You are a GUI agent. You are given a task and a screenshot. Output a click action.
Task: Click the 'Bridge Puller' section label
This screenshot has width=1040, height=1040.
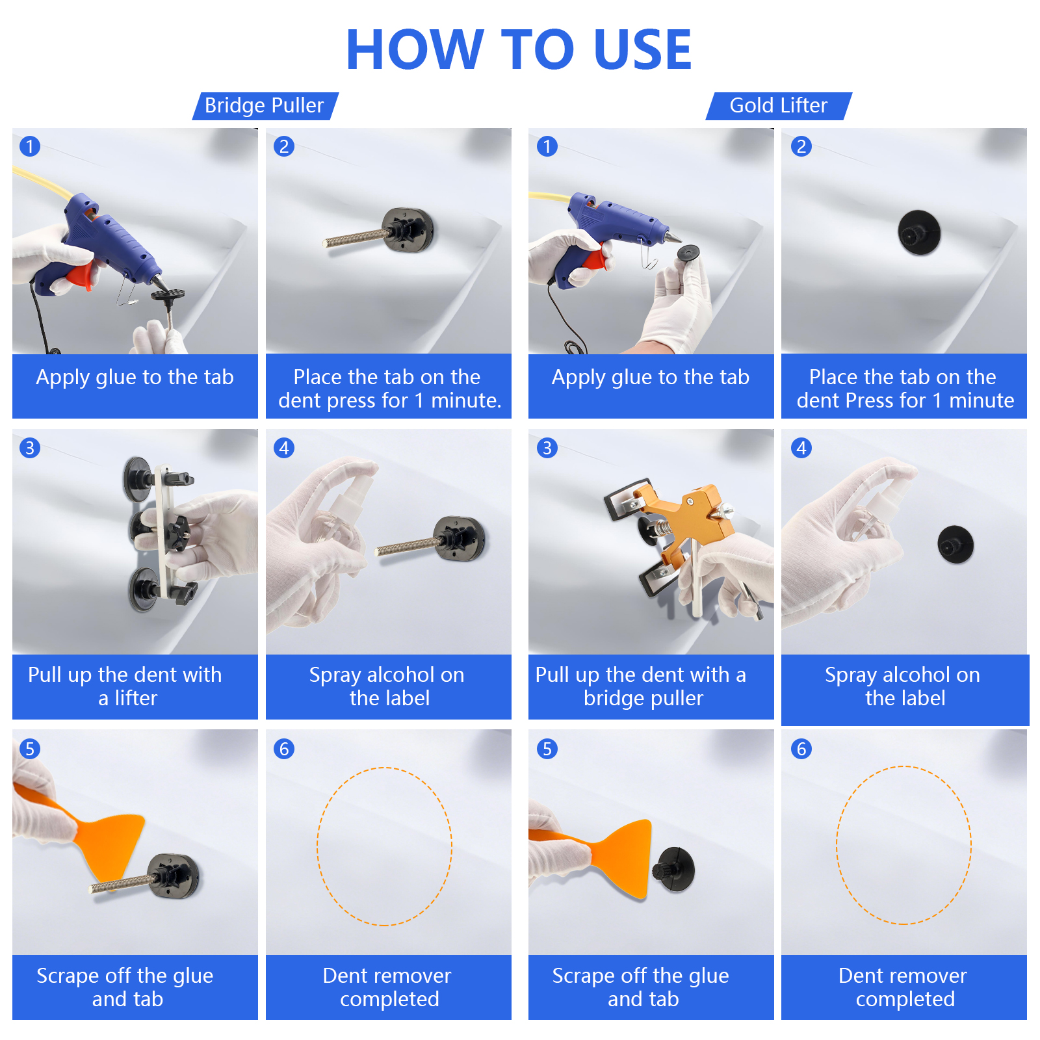pos(264,105)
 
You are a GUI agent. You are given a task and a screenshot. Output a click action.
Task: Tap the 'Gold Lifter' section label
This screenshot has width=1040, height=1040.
pos(779,105)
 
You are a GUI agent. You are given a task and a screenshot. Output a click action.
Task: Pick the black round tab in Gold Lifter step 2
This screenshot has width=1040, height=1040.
pos(919,232)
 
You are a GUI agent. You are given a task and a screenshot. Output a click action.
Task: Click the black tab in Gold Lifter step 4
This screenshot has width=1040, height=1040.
pos(955,544)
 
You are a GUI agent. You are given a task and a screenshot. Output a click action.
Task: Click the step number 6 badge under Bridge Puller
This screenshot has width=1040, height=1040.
pos(284,749)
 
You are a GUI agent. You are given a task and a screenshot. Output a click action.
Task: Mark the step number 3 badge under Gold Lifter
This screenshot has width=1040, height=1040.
pos(547,448)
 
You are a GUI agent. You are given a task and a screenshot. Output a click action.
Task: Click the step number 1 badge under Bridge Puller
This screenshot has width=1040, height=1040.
pos(30,146)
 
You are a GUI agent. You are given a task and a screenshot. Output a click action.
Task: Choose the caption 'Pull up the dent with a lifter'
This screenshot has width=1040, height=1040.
pos(125,686)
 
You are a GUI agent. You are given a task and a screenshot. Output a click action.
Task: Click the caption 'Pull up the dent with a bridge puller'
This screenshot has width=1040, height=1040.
pos(641,686)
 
